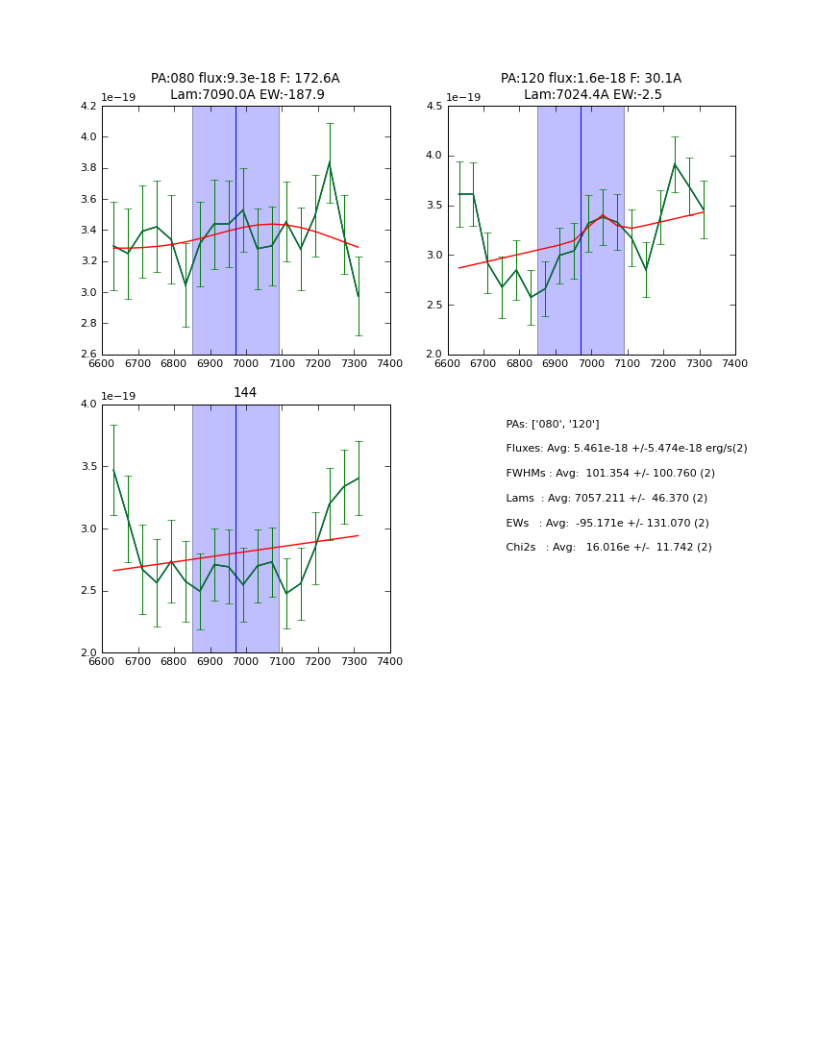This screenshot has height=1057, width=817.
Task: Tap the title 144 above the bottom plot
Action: pos(245,393)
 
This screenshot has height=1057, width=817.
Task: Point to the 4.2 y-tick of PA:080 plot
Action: pos(87,106)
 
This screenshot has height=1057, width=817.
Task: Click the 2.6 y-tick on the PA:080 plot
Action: pos(87,355)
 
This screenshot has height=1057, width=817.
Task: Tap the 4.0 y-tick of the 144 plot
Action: pos(87,405)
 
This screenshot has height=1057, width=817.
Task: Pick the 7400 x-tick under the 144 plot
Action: pos(390,662)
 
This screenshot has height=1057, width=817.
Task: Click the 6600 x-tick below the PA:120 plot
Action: pos(448,364)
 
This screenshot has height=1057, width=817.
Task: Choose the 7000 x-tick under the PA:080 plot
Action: pos(246,364)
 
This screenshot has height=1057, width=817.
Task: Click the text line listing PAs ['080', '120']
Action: pos(553,425)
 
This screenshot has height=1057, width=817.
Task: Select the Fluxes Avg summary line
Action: pos(626,449)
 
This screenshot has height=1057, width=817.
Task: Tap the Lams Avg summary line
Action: pos(607,499)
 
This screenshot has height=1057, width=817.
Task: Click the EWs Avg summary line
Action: pos(607,524)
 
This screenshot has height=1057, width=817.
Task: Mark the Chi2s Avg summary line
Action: pos(608,548)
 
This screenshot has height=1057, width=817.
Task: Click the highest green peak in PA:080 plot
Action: pos(330,161)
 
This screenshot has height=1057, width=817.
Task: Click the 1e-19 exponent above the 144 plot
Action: pos(118,397)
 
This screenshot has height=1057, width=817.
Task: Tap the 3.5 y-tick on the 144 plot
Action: pos(87,467)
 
